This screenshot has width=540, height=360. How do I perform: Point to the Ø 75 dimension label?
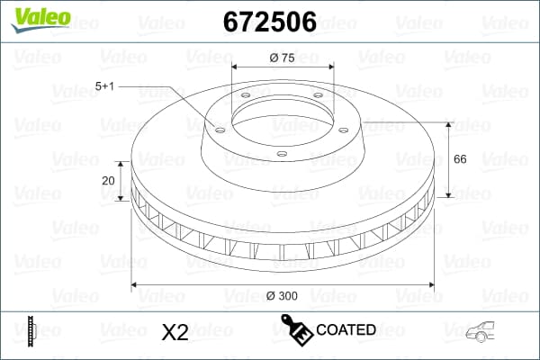point(283,59)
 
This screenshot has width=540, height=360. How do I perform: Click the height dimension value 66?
point(459,159)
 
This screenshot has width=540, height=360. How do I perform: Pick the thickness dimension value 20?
point(109,180)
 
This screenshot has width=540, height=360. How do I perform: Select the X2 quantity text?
point(174,332)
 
